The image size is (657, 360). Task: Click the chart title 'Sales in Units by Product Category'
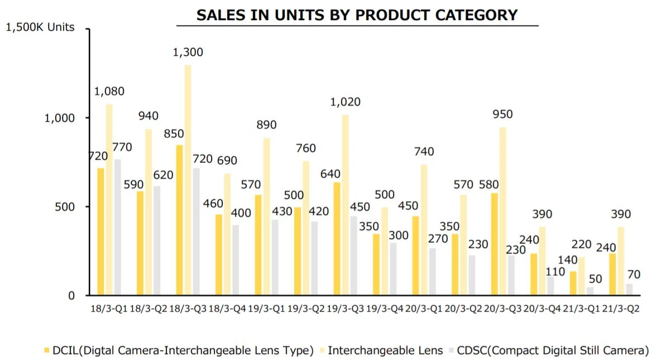(x=357, y=15)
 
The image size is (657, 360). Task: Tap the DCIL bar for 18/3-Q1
(x=100, y=231)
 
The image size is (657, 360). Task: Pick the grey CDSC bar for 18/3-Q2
(x=156, y=241)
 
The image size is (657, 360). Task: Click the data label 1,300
(x=188, y=52)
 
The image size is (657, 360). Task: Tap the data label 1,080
(x=109, y=92)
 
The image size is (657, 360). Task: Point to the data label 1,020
(x=345, y=102)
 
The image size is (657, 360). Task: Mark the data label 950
(x=502, y=114)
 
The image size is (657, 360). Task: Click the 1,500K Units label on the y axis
(x=40, y=27)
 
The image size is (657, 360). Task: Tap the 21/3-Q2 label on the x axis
(x=621, y=309)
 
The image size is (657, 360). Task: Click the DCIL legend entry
(x=179, y=351)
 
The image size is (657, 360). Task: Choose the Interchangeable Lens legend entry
(x=380, y=351)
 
